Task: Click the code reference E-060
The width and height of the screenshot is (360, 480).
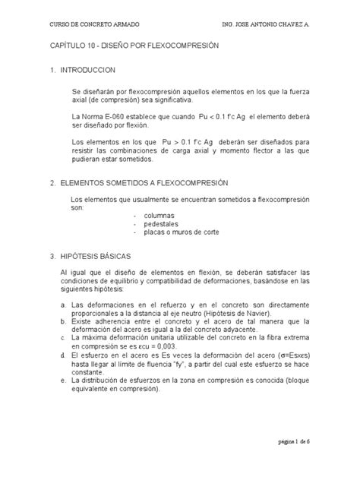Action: point(118,116)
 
